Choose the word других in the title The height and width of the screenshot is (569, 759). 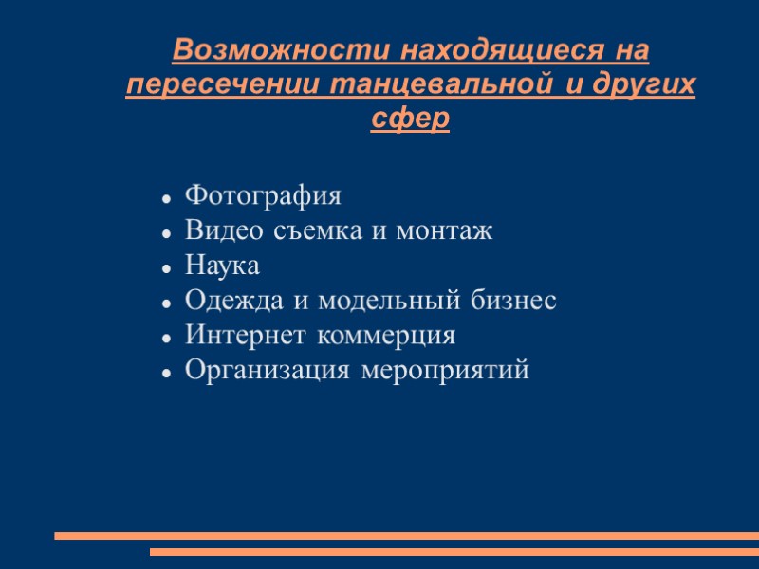point(642,84)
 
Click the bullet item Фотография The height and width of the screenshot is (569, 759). point(263,197)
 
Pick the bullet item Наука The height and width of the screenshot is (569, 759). point(222,266)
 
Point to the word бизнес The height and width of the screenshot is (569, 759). point(513,302)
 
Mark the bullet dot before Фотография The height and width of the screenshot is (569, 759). point(166,199)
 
